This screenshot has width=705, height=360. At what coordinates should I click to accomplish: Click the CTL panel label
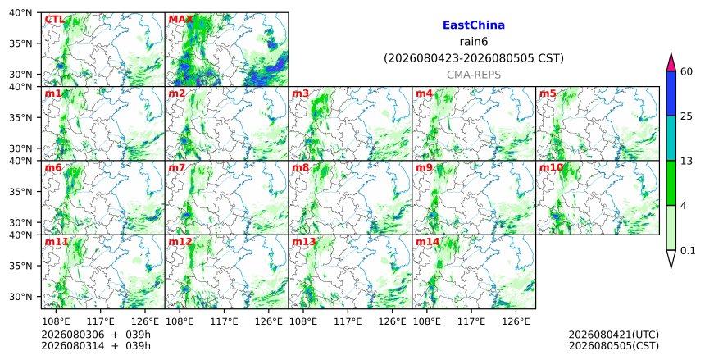(x=54, y=20)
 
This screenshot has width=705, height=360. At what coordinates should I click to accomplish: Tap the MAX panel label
(x=180, y=20)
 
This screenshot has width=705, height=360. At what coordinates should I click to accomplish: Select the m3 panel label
(x=300, y=93)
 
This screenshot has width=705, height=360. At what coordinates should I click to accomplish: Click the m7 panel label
(x=177, y=167)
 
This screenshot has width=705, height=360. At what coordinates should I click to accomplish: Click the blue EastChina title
(x=474, y=25)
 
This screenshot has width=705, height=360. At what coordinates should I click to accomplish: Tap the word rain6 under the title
(x=474, y=42)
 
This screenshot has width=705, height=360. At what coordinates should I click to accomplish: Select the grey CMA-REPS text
(x=474, y=75)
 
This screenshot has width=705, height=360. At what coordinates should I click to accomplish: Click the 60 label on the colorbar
(x=686, y=71)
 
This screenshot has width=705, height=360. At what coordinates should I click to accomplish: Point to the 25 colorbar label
(x=686, y=116)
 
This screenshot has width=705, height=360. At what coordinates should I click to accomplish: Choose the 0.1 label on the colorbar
(x=688, y=251)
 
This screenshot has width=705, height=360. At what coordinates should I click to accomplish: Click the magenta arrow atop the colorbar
(x=671, y=62)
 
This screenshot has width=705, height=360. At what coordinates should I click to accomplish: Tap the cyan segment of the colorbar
(x=671, y=138)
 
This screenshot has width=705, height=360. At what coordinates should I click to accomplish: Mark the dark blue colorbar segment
(x=671, y=93)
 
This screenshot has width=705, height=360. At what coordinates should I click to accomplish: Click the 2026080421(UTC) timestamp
(x=614, y=335)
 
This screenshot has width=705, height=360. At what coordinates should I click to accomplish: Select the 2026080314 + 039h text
(x=96, y=345)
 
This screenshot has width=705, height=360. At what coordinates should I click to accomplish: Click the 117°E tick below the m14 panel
(x=471, y=321)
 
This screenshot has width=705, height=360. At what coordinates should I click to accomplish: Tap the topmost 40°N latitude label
(x=20, y=12)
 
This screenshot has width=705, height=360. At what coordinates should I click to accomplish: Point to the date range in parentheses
(x=474, y=58)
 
